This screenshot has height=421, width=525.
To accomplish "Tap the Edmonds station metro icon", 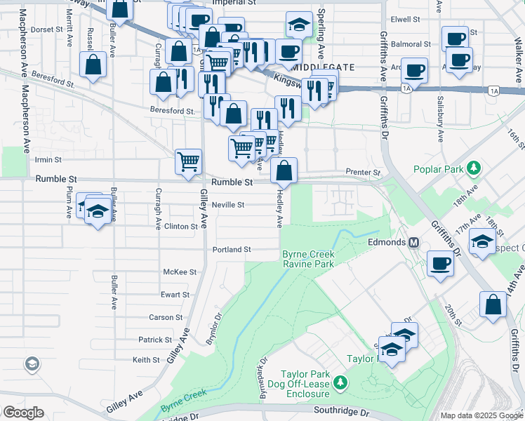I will pyautogui.click(x=414, y=242).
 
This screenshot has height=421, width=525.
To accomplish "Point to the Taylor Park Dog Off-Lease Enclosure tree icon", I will pyautogui.click(x=340, y=382).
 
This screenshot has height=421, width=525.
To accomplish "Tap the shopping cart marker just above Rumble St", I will pyautogui.click(x=189, y=161).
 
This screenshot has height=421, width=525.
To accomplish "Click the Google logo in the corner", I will pyautogui.click(x=22, y=412).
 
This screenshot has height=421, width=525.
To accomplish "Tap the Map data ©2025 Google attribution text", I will pyautogui.click(x=481, y=415).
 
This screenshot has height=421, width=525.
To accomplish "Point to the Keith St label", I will pyautogui.click(x=147, y=360).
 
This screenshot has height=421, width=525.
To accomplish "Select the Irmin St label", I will pyautogui.click(x=48, y=160).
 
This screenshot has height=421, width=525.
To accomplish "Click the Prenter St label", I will pyautogui.click(x=362, y=172).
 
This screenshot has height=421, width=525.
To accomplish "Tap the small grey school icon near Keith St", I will pyautogui.click(x=31, y=363).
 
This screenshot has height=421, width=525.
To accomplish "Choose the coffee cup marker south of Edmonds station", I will pyautogui.click(x=440, y=264).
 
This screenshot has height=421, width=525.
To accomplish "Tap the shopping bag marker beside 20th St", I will pyautogui.click(x=493, y=305).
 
